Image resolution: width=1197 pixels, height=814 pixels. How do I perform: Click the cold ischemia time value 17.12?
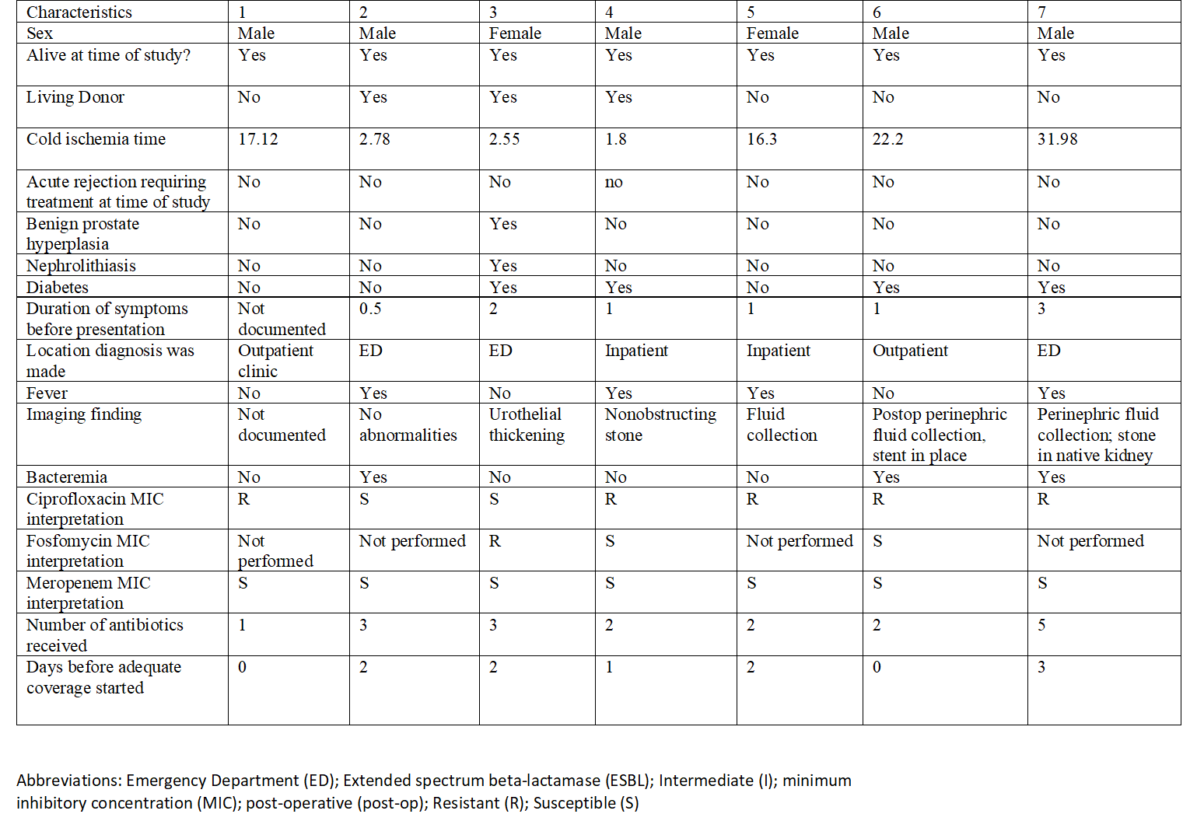[257, 139]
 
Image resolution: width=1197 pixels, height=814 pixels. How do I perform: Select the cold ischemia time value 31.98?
[1057, 139]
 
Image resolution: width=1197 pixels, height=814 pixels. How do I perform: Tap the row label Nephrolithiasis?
[81, 266]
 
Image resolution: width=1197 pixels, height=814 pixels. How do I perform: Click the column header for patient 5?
[751, 12]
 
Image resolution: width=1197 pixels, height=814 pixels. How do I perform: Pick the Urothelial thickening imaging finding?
[527, 424]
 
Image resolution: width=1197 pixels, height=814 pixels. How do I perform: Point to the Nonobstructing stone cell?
[660, 424]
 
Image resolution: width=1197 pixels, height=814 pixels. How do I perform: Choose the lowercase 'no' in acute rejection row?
[614, 182]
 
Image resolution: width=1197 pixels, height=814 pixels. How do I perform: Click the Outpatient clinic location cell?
[275, 361]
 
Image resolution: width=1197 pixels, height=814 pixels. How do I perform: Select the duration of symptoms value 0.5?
[370, 309]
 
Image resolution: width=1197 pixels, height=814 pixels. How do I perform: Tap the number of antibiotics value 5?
[1041, 625]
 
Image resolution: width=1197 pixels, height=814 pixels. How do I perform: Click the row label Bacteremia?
[67, 477]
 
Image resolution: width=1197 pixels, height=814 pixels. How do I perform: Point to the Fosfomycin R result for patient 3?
[495, 541]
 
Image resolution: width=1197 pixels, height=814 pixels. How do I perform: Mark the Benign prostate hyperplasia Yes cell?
[502, 224]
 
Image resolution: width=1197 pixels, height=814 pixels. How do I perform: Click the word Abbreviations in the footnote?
[68, 781]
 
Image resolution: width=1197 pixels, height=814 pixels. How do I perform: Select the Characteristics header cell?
[79, 12]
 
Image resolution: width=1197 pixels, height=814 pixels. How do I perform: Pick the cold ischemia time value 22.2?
[887, 139]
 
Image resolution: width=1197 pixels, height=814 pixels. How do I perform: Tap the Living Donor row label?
[75, 97]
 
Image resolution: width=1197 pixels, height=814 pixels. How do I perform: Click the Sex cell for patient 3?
[515, 33]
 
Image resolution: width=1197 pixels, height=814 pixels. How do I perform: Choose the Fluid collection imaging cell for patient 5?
[782, 424]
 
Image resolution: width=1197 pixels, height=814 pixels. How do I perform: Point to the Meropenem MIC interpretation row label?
[88, 593]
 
